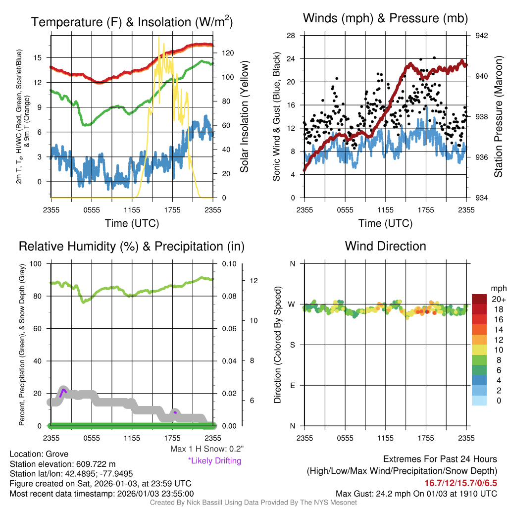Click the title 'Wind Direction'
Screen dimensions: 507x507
point(385,246)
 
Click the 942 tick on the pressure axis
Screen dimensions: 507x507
point(482,36)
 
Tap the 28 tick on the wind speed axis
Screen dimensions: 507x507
point(291,36)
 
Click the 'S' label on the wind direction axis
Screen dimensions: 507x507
point(292,345)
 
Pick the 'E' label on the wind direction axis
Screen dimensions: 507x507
point(292,385)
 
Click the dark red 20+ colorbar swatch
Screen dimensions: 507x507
point(479,299)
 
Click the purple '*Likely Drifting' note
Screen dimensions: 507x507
point(214,461)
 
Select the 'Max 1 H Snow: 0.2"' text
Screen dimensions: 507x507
point(206,449)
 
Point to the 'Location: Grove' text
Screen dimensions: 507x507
point(39,454)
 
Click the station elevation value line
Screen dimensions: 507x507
point(62,464)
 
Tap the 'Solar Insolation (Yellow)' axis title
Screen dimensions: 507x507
point(244,116)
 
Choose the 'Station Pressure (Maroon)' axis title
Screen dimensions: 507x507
point(498,116)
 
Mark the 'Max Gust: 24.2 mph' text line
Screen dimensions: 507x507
point(416,493)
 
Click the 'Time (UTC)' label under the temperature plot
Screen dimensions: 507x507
point(132,223)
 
